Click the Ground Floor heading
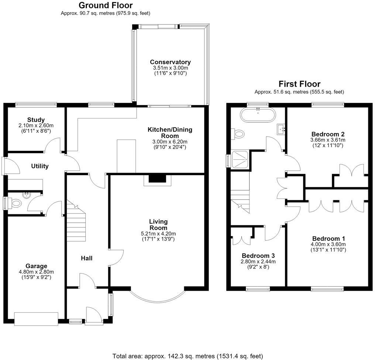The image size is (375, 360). coord(106,5)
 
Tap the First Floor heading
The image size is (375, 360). coord(299,84)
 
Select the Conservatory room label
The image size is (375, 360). coord(170,62)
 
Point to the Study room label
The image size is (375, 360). coord(36,120)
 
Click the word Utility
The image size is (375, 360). coord(40,166)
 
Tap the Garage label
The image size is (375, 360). coord(36,266)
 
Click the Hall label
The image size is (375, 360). coord(87,258)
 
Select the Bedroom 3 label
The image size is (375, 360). coord(258,256)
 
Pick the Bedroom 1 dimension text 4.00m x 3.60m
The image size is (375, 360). coord(328,244)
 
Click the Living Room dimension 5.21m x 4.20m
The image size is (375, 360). coord(158,233)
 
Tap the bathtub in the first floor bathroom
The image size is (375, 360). coord(258,115)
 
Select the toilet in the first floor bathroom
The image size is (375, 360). coord(237,134)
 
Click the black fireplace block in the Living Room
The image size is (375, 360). coord(157,179)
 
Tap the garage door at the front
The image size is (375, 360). coord(36,319)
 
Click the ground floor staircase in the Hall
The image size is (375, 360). coord(76,221)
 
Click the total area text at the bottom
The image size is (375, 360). coord(187,356)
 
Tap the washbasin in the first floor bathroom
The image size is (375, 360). coord(281,129)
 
